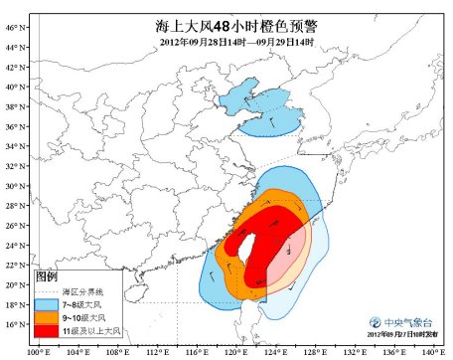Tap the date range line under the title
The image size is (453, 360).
pyautogui.click(x=237, y=43)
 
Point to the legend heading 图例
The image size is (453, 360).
pyautogui.click(x=46, y=273)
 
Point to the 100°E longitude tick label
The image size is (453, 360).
pyautogui.click(x=39, y=351)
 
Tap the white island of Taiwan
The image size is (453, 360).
pyautogui.click(x=241, y=241)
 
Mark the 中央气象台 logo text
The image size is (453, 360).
pyautogui.click(x=404, y=321)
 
